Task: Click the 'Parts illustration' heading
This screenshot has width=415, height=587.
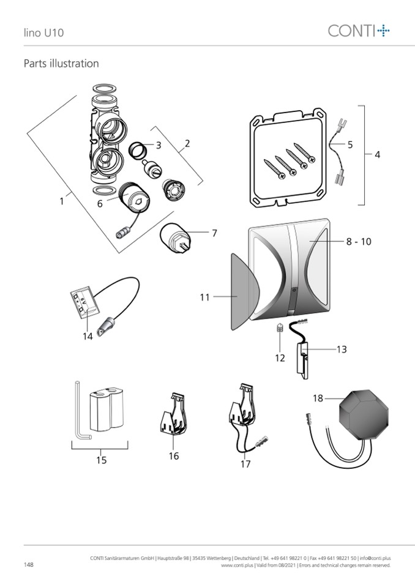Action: (61, 64)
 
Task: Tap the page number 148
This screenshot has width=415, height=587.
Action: (29, 564)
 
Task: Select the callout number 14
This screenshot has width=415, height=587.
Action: (88, 336)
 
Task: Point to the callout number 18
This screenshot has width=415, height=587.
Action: (318, 398)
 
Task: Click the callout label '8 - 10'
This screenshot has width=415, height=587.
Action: (358, 242)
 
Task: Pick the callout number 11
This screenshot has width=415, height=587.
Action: (204, 297)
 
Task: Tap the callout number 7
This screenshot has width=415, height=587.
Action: (214, 233)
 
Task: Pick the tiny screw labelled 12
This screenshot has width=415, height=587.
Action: (279, 328)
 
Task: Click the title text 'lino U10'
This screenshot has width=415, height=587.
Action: (43, 32)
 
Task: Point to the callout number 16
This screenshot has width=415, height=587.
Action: (174, 456)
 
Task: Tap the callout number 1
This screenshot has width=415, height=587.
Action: (62, 201)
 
